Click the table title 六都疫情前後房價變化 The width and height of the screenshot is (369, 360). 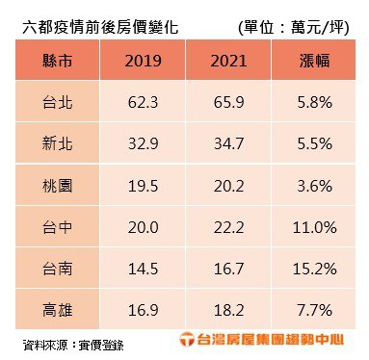pos(100,28)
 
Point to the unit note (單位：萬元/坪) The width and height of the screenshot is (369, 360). pos(293,28)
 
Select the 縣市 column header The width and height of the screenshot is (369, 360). pos(58,61)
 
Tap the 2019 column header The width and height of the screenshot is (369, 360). pos(143,61)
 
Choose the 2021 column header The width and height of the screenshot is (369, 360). pos(228,61)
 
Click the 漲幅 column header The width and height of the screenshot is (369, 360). pos(314,61)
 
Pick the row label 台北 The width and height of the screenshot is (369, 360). pos(58,102)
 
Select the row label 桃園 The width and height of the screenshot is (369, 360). pos(58,186)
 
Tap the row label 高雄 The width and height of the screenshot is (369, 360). pos(58,310)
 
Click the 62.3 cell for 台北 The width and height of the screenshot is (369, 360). pos(143,103)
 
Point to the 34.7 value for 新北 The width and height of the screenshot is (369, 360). pos(228,143)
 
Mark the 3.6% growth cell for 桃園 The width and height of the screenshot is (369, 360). pos(314,186)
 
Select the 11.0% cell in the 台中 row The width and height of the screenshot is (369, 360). pos(314,227)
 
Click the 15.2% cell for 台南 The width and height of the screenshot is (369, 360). pos(314,269)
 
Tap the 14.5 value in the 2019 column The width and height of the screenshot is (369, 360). pos(143,269)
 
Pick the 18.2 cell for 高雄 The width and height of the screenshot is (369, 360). pos(228,311)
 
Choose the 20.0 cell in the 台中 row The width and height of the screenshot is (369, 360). pos(143,228)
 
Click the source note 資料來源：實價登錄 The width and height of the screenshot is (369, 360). pos(73,345)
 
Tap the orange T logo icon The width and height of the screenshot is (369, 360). pos(187,339)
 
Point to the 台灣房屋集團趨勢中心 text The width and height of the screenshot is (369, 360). pos(271,340)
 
